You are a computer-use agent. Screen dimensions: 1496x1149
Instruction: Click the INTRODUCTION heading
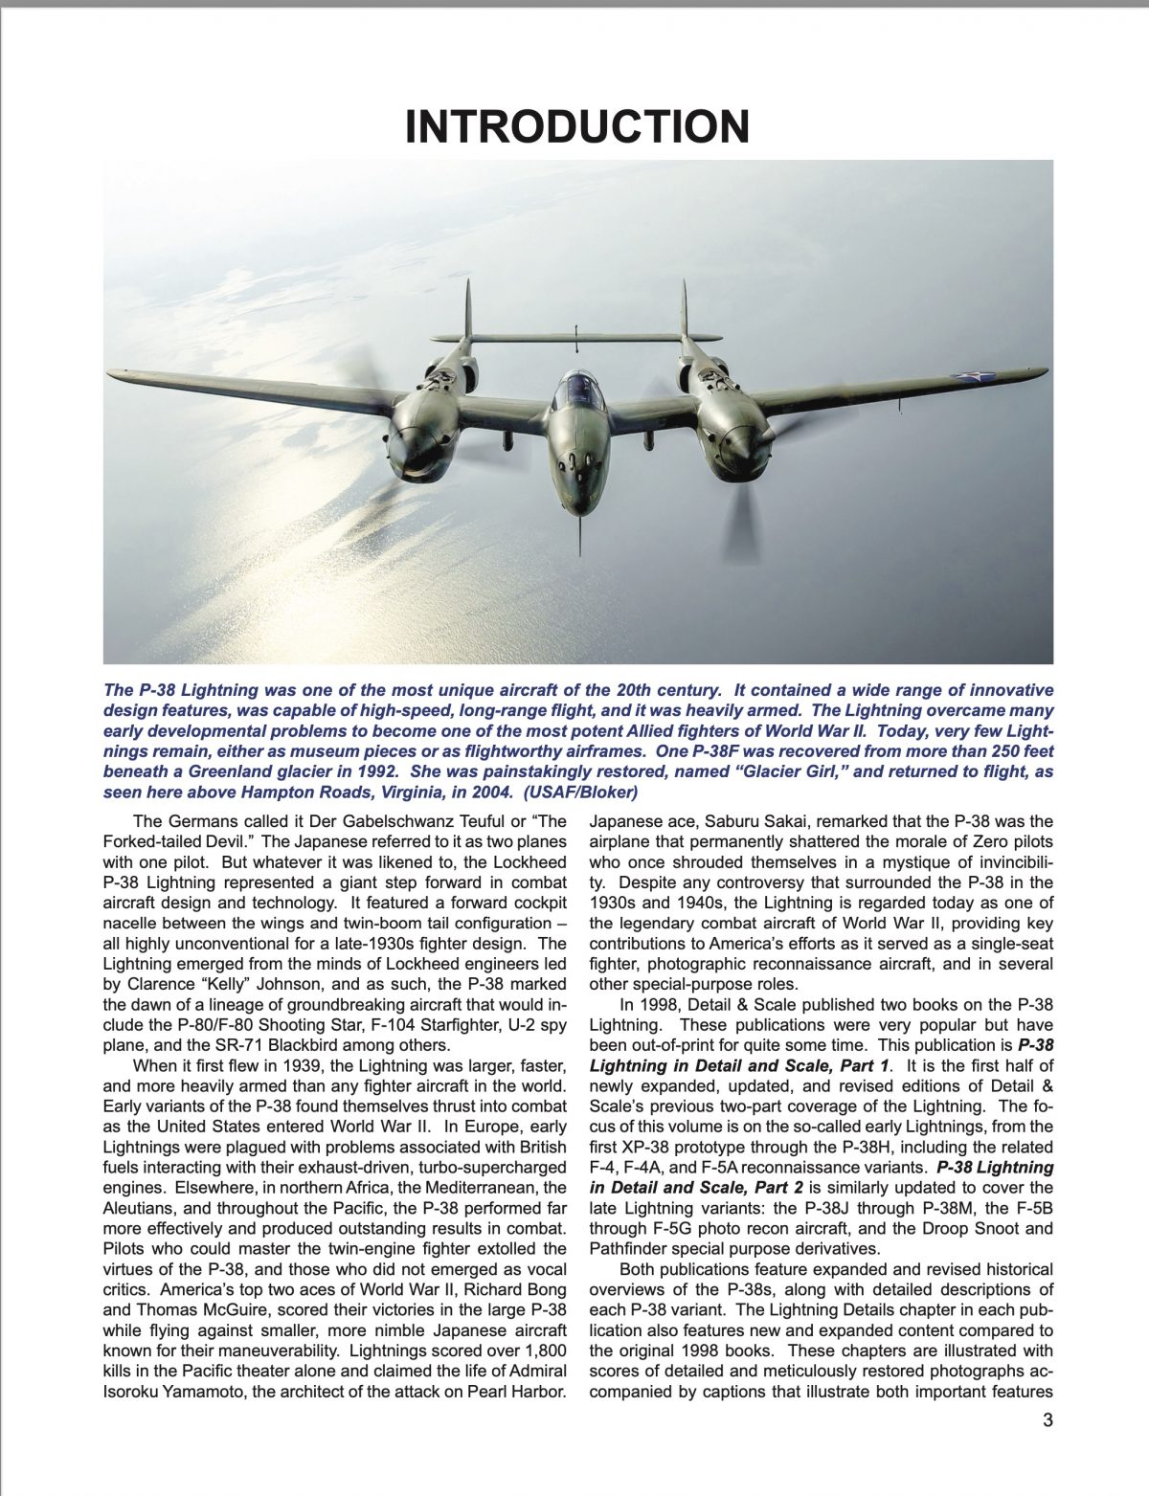coord(576,127)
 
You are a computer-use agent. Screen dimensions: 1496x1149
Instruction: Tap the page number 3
coord(1048,1420)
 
